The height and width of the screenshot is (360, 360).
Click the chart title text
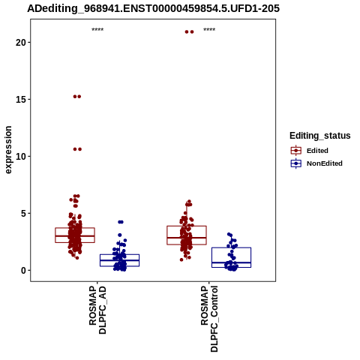[x=153, y=8]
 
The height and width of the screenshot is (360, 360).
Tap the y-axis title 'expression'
[x=8, y=150]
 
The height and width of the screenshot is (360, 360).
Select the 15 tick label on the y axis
[x=21, y=100]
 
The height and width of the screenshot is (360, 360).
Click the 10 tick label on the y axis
[x=21, y=157]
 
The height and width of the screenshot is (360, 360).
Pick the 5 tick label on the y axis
[x=23, y=214]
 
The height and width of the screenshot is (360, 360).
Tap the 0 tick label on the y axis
[x=23, y=271]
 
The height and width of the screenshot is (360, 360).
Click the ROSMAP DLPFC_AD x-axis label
[x=97, y=310]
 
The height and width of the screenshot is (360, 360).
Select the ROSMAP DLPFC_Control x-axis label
[x=209, y=319]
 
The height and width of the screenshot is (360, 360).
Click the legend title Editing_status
[x=320, y=136]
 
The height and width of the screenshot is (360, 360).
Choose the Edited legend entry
[x=310, y=151]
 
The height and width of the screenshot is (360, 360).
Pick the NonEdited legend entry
[x=316, y=163]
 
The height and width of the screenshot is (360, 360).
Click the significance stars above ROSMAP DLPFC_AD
[x=97, y=30]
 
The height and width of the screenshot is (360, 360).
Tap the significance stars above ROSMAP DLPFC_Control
[x=209, y=30]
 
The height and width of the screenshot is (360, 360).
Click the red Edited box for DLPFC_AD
[x=75, y=235]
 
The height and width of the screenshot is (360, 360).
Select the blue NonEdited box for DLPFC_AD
[x=119, y=260]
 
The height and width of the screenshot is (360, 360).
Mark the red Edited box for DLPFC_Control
[x=187, y=235]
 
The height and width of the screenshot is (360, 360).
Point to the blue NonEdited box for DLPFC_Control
[x=231, y=257]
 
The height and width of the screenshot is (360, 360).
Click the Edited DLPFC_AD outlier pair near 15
[x=77, y=97]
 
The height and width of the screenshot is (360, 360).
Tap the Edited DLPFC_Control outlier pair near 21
[x=189, y=31]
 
